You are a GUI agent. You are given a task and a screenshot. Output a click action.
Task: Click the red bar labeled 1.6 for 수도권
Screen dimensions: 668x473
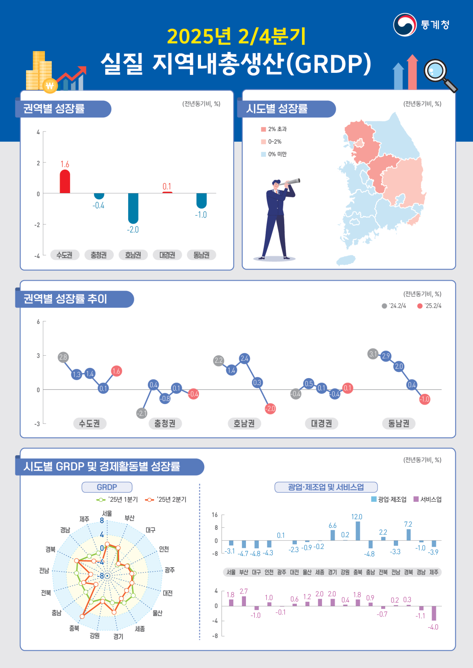pos(65,182)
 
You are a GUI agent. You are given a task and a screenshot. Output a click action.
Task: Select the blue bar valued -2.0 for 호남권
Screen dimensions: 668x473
pos(133,208)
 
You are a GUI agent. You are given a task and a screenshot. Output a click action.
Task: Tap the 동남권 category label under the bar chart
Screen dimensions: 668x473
pos(201,255)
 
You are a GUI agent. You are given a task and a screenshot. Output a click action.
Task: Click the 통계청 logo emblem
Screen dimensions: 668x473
pos(405,25)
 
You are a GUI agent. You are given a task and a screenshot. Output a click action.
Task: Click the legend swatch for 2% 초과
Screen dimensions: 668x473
pos(263,129)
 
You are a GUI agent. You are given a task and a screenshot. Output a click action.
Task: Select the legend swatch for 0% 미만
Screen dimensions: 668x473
pos(263,154)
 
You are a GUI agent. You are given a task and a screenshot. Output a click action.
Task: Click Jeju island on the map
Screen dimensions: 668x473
pos(346,260)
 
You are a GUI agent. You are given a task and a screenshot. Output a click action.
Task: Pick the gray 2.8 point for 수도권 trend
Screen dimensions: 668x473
pos(63,357)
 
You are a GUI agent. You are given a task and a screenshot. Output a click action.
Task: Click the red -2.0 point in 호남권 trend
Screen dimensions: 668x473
pos(270,408)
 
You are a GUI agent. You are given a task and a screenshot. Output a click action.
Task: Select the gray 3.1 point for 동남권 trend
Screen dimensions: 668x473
pos(373,354)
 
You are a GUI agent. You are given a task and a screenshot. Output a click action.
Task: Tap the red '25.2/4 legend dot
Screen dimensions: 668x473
pos(420,306)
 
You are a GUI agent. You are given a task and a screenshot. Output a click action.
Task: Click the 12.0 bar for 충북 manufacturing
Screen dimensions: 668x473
pos(358,531)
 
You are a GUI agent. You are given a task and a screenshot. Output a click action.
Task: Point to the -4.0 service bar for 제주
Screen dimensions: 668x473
pos(434,613)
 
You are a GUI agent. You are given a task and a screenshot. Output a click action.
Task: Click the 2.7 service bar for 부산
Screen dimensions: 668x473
pos(244,601)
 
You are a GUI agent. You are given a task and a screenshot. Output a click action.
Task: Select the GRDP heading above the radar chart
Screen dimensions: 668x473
pos(107,487)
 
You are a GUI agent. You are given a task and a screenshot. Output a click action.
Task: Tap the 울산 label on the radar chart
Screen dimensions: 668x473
pos(157,613)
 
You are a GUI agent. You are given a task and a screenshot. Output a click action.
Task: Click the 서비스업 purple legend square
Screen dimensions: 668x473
pos(416,499)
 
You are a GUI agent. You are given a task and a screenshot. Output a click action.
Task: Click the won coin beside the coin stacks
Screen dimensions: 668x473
pos(50,85)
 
